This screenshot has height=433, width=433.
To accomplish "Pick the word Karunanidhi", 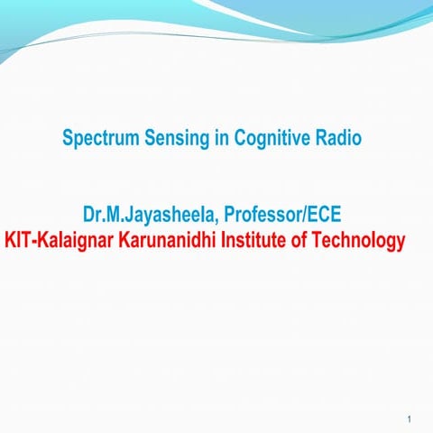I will point(168,242).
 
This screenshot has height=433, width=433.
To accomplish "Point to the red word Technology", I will point(361,242).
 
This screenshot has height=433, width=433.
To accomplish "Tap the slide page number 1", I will point(410,419).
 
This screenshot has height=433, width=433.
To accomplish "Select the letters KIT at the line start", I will point(18,242).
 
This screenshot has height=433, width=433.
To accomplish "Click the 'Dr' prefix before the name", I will point(91,216).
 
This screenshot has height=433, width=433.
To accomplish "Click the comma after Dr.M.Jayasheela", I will point(220,223).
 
